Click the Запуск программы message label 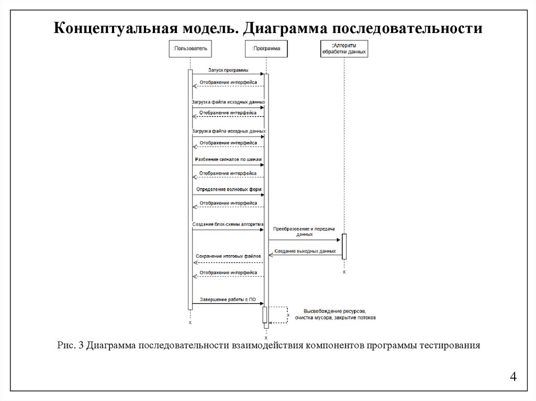pos(228,70)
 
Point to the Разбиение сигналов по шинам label pos(228,159)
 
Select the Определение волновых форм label pos(229,189)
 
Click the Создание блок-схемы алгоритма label pos(228,224)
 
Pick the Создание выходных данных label pos(305,251)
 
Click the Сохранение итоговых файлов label pos(228,256)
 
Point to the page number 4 pos(513,377)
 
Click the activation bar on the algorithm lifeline pos(344,246)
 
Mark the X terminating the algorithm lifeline pos(344,272)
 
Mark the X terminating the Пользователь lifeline pos(190,323)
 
